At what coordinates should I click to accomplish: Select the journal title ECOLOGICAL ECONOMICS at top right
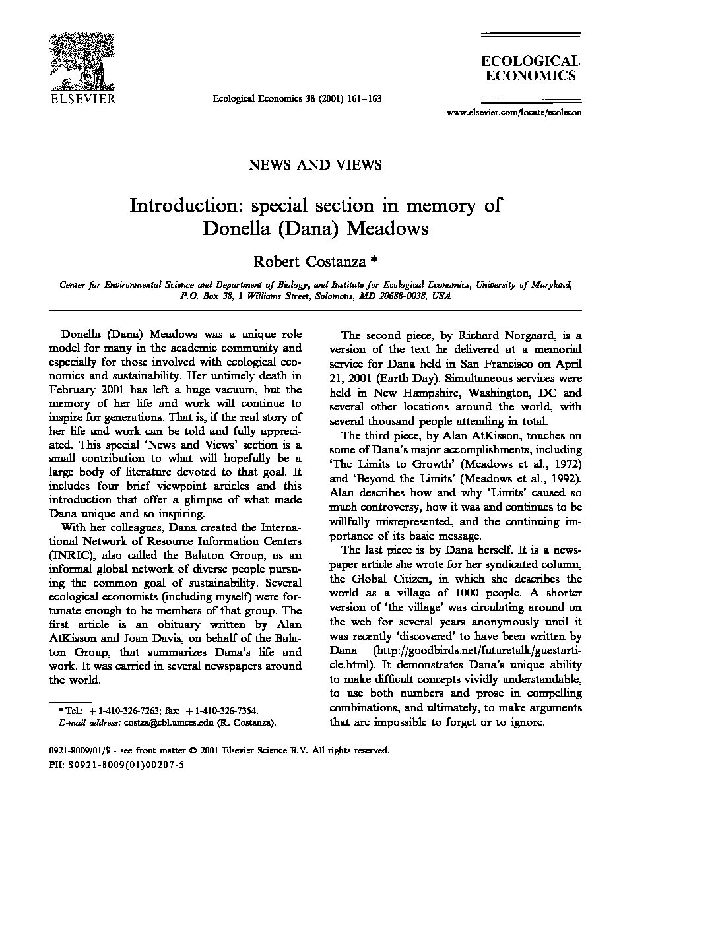[x=531, y=69]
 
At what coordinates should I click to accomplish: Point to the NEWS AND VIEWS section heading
[x=315, y=164]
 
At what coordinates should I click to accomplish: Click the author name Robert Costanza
[x=310, y=261]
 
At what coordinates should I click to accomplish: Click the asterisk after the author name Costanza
[x=373, y=260]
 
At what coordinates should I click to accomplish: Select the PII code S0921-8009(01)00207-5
[x=122, y=765]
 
